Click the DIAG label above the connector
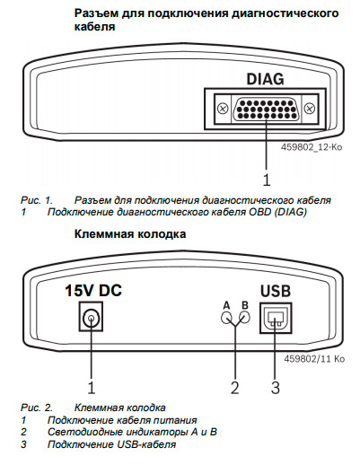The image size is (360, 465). [x=265, y=79]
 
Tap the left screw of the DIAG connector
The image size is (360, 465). [x=223, y=108]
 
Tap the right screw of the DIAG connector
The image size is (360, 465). [x=310, y=108]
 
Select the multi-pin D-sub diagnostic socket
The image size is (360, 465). [x=266, y=109]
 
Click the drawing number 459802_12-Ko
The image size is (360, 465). [x=312, y=147]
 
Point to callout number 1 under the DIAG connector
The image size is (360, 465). [x=266, y=180]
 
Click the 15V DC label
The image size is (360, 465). [x=93, y=291]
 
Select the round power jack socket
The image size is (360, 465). [x=91, y=317]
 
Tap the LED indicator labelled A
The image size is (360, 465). [x=226, y=317]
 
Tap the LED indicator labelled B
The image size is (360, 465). [x=244, y=317]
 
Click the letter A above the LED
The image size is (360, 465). [x=226, y=305]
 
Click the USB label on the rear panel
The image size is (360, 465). [x=276, y=291]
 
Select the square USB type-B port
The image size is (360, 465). [x=276, y=318]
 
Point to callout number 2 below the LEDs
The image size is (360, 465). [x=235, y=388]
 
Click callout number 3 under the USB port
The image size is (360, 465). [x=275, y=388]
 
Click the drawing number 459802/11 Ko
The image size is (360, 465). [x=314, y=358]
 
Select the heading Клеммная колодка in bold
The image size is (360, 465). [x=130, y=233]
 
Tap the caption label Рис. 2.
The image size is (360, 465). [x=37, y=408]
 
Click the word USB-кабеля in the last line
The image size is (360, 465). [x=146, y=444]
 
